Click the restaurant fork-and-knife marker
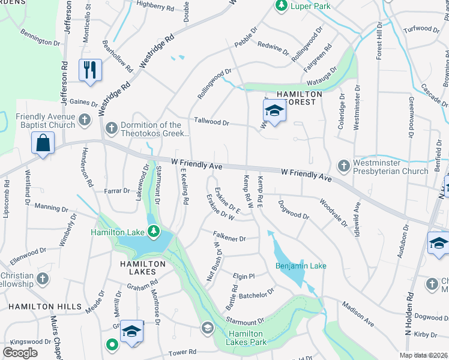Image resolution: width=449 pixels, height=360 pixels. (x=90, y=70)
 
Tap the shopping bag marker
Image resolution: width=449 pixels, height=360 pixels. (x=43, y=144)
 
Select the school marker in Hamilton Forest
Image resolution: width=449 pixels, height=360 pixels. (x=274, y=111)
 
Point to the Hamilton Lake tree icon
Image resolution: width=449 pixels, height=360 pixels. (x=154, y=231)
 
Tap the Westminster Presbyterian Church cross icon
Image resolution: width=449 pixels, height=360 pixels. (x=344, y=165)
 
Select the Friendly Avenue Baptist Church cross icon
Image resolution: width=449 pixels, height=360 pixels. (x=85, y=119)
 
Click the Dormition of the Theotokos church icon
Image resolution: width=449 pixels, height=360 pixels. (x=112, y=128)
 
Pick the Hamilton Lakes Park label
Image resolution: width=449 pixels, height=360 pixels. (x=246, y=338)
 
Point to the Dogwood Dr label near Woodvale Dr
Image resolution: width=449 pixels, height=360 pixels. (x=294, y=211)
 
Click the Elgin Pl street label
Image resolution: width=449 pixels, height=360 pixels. (x=244, y=277)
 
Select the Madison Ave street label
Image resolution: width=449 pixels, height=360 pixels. (x=358, y=314)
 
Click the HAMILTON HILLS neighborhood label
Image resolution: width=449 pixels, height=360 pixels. (x=44, y=307)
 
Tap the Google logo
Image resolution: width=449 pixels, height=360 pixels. (x=20, y=353)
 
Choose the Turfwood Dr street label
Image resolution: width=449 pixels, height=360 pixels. (x=421, y=29)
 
